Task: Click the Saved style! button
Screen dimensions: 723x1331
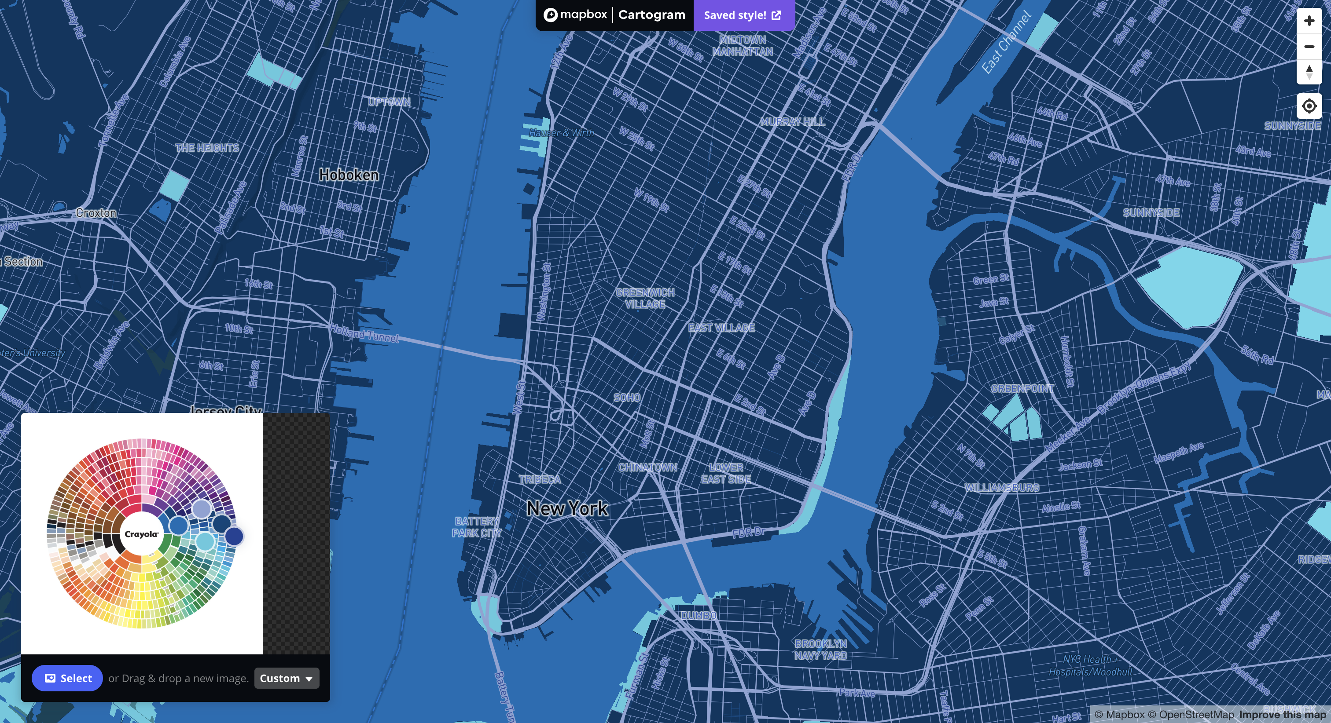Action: (x=743, y=15)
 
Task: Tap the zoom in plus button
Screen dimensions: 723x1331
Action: (x=1309, y=21)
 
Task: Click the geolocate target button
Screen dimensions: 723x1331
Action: (x=1309, y=106)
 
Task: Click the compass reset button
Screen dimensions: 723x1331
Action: (x=1309, y=72)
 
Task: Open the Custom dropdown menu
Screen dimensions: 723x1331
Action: (x=286, y=678)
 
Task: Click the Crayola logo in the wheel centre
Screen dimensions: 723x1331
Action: (x=141, y=534)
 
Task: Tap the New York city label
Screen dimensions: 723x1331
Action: (x=567, y=509)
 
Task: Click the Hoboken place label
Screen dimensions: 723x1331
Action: (x=349, y=175)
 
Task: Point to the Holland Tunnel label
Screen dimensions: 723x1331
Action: (x=364, y=334)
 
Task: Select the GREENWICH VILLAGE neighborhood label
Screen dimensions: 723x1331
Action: (x=645, y=299)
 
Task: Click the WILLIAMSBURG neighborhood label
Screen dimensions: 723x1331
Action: (x=1001, y=488)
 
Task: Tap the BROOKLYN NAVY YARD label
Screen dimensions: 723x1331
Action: (x=820, y=650)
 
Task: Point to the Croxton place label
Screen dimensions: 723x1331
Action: (x=96, y=213)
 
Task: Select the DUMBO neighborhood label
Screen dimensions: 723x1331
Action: (x=698, y=616)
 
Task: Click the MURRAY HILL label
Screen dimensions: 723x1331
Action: (x=792, y=122)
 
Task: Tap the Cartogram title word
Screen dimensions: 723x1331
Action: (x=651, y=15)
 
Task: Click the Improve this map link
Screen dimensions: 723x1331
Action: (x=1282, y=715)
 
